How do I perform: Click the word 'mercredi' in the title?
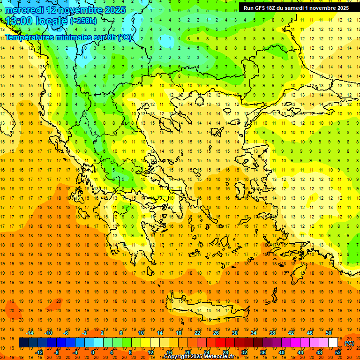[x=24, y=10]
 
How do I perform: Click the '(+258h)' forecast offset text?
[x=83, y=21]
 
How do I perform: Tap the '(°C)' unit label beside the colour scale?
[x=349, y=343]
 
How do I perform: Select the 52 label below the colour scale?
[x=338, y=352]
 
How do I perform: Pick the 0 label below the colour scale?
[x=92, y=352]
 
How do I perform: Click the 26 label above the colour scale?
[x=216, y=333]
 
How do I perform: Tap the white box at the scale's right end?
[x=333, y=343]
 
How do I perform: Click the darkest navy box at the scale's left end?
[x=23, y=343]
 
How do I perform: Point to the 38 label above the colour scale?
[x=272, y=333]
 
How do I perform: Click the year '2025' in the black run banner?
[x=340, y=8]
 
